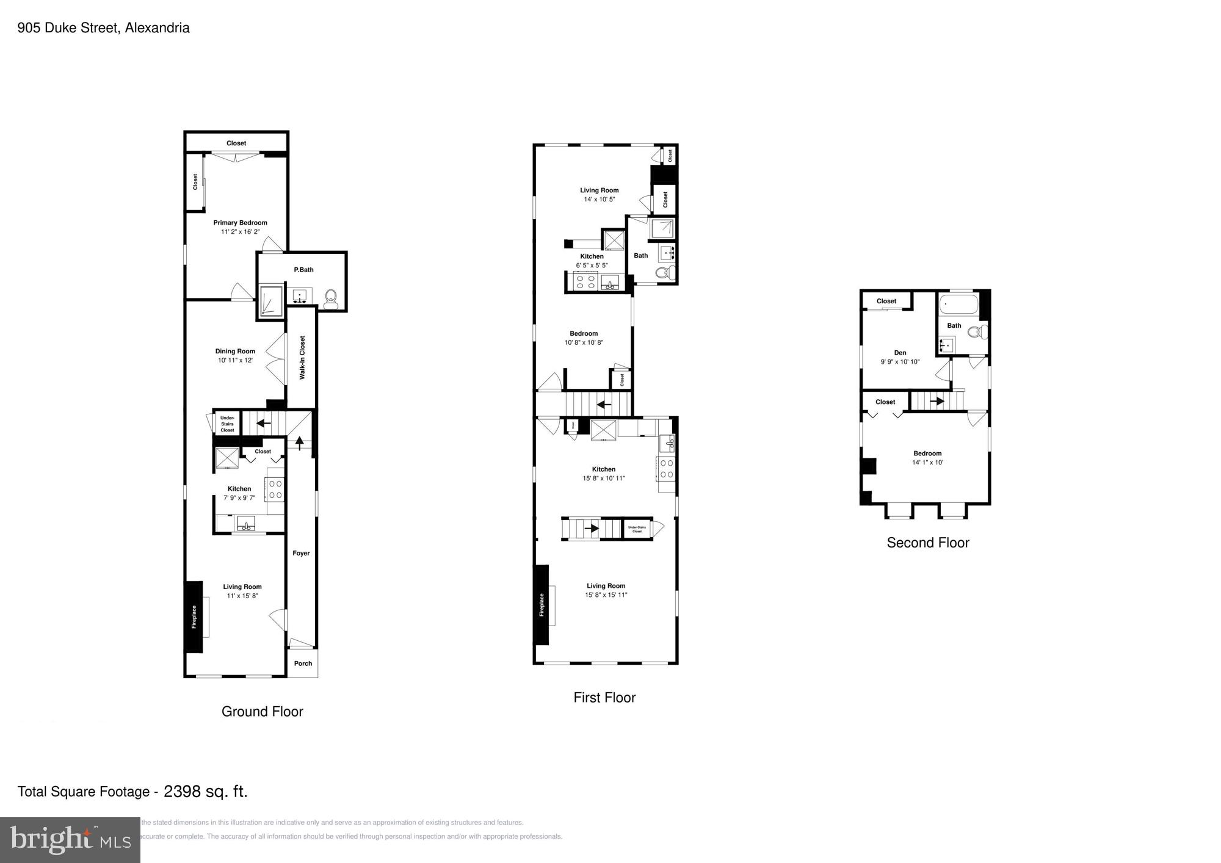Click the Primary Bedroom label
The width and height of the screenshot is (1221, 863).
[240, 223]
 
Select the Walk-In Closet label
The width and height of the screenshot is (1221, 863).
[302, 358]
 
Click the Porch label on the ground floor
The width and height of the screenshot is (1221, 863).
[303, 663]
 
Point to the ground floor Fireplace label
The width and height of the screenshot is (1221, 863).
[194, 616]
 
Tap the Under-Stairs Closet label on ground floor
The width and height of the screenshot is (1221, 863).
[227, 424]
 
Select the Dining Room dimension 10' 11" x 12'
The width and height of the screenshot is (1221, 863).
[235, 360]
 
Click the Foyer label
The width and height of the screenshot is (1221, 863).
[301, 553]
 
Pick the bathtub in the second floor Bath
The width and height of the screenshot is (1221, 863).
[958, 303]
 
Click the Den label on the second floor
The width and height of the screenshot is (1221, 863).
[900, 353]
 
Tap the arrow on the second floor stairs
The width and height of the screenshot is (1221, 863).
[937, 401]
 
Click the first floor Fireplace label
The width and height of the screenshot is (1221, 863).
[541, 605]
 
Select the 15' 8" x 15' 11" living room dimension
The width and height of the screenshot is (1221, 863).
[606, 594]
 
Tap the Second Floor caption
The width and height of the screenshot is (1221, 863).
[927, 543]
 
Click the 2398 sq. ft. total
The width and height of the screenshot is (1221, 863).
[206, 792]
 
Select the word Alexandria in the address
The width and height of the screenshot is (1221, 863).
[157, 27]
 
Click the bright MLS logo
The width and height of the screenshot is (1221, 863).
[70, 840]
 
